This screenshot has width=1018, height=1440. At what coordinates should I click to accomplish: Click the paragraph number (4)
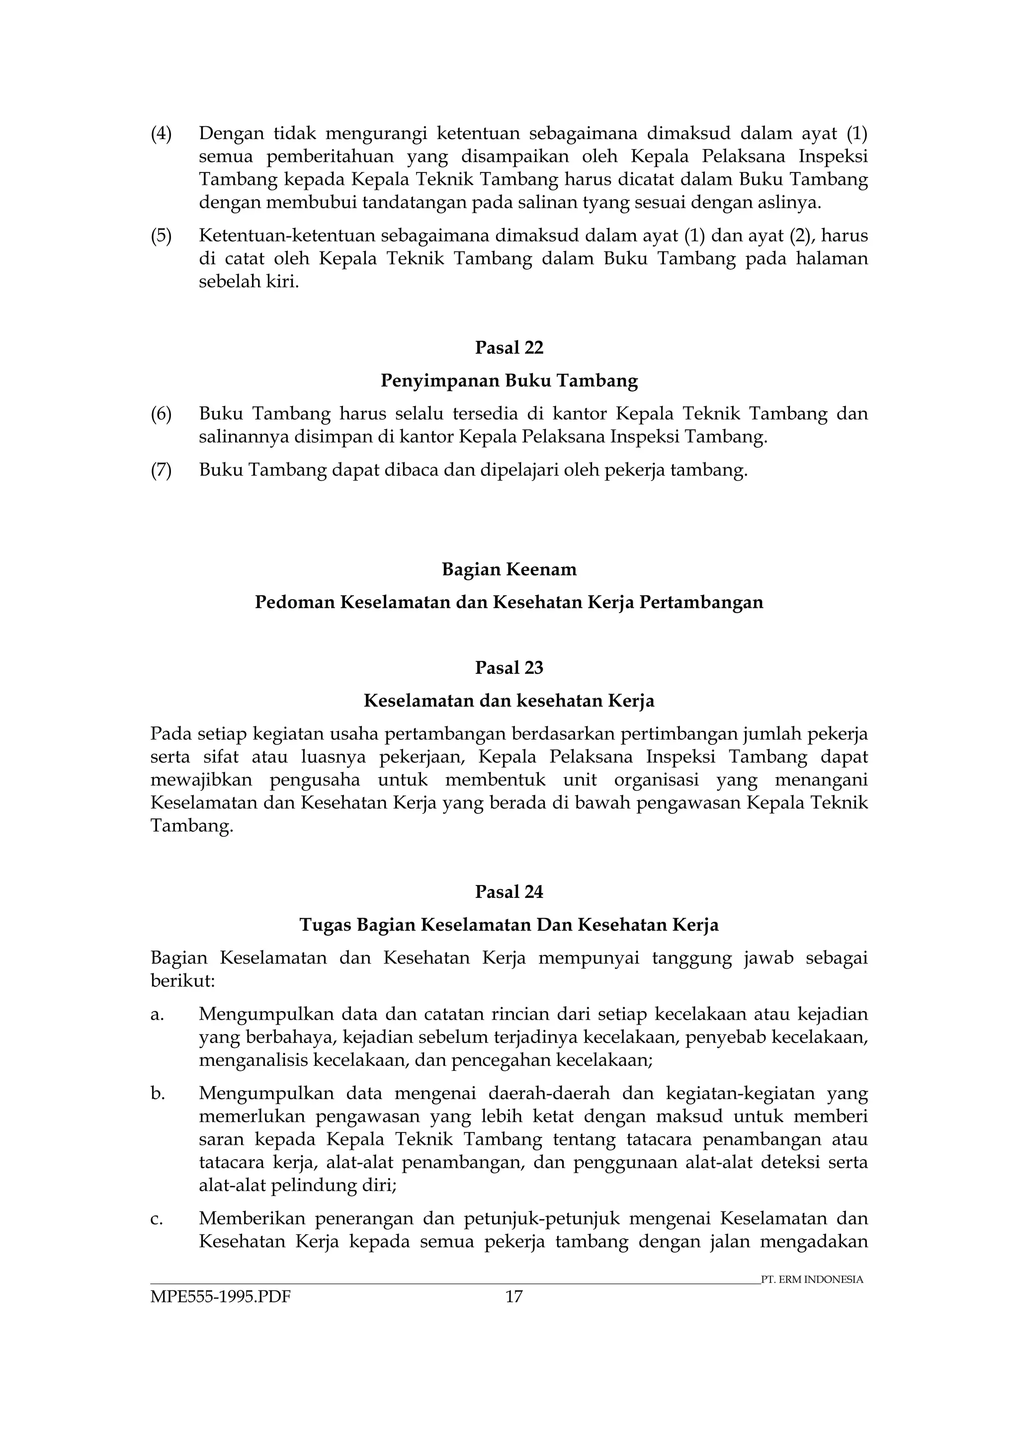tap(161, 134)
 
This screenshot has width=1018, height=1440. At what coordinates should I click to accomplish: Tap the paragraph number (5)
tap(161, 236)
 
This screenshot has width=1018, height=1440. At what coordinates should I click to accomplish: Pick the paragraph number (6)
tap(161, 414)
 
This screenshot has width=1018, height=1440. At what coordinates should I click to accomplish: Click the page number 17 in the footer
tap(513, 1297)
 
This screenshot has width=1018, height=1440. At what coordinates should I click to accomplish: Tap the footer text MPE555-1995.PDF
tap(220, 1297)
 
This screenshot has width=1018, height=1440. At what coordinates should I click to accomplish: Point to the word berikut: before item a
tap(182, 981)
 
